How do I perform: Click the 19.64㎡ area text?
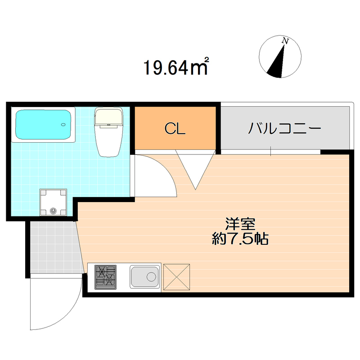[175, 67]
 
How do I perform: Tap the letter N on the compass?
[284, 41]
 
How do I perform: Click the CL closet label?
[175, 129]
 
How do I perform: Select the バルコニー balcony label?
[284, 129]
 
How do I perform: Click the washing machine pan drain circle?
[54, 210]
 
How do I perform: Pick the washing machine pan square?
[54, 202]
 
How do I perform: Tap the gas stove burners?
[105, 276]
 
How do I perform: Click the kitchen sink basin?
[144, 276]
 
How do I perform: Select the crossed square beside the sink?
[177, 276]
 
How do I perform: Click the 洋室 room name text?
[240, 224]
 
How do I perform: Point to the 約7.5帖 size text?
[240, 239]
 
